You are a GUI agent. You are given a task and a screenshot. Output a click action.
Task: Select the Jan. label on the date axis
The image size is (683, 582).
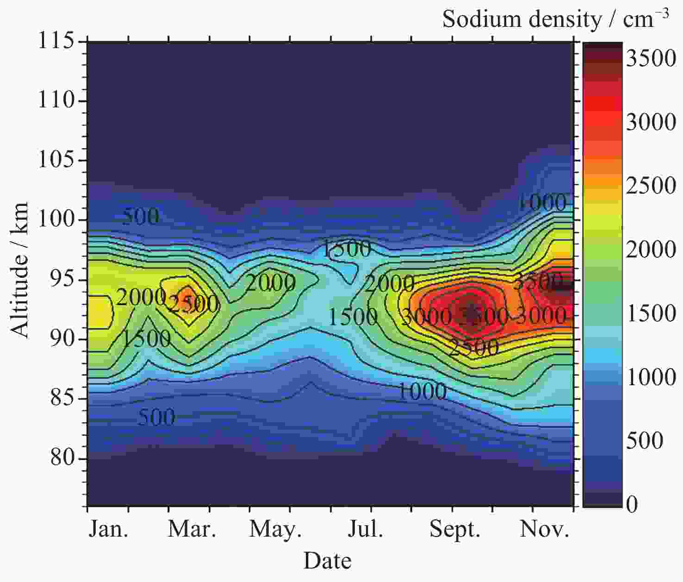click(x=109, y=529)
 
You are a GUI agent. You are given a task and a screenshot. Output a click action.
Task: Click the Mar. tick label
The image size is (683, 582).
click(x=192, y=529)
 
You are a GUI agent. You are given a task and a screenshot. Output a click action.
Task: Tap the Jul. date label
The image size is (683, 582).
click(x=366, y=529)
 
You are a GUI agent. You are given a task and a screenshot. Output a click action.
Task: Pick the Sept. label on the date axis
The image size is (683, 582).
click(x=455, y=529)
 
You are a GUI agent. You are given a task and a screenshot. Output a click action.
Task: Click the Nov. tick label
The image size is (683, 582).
click(x=544, y=529)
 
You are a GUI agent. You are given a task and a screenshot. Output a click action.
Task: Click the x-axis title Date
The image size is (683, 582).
click(x=327, y=561)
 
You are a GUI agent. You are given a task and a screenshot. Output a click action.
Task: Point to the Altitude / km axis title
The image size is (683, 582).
click(x=19, y=270)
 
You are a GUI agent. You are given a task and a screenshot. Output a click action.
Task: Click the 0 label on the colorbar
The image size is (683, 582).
click(x=632, y=504)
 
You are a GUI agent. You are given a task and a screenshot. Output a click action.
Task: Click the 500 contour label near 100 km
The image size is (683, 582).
click(x=140, y=216)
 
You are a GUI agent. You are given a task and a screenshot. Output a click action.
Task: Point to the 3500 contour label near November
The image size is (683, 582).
click(x=538, y=281)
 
